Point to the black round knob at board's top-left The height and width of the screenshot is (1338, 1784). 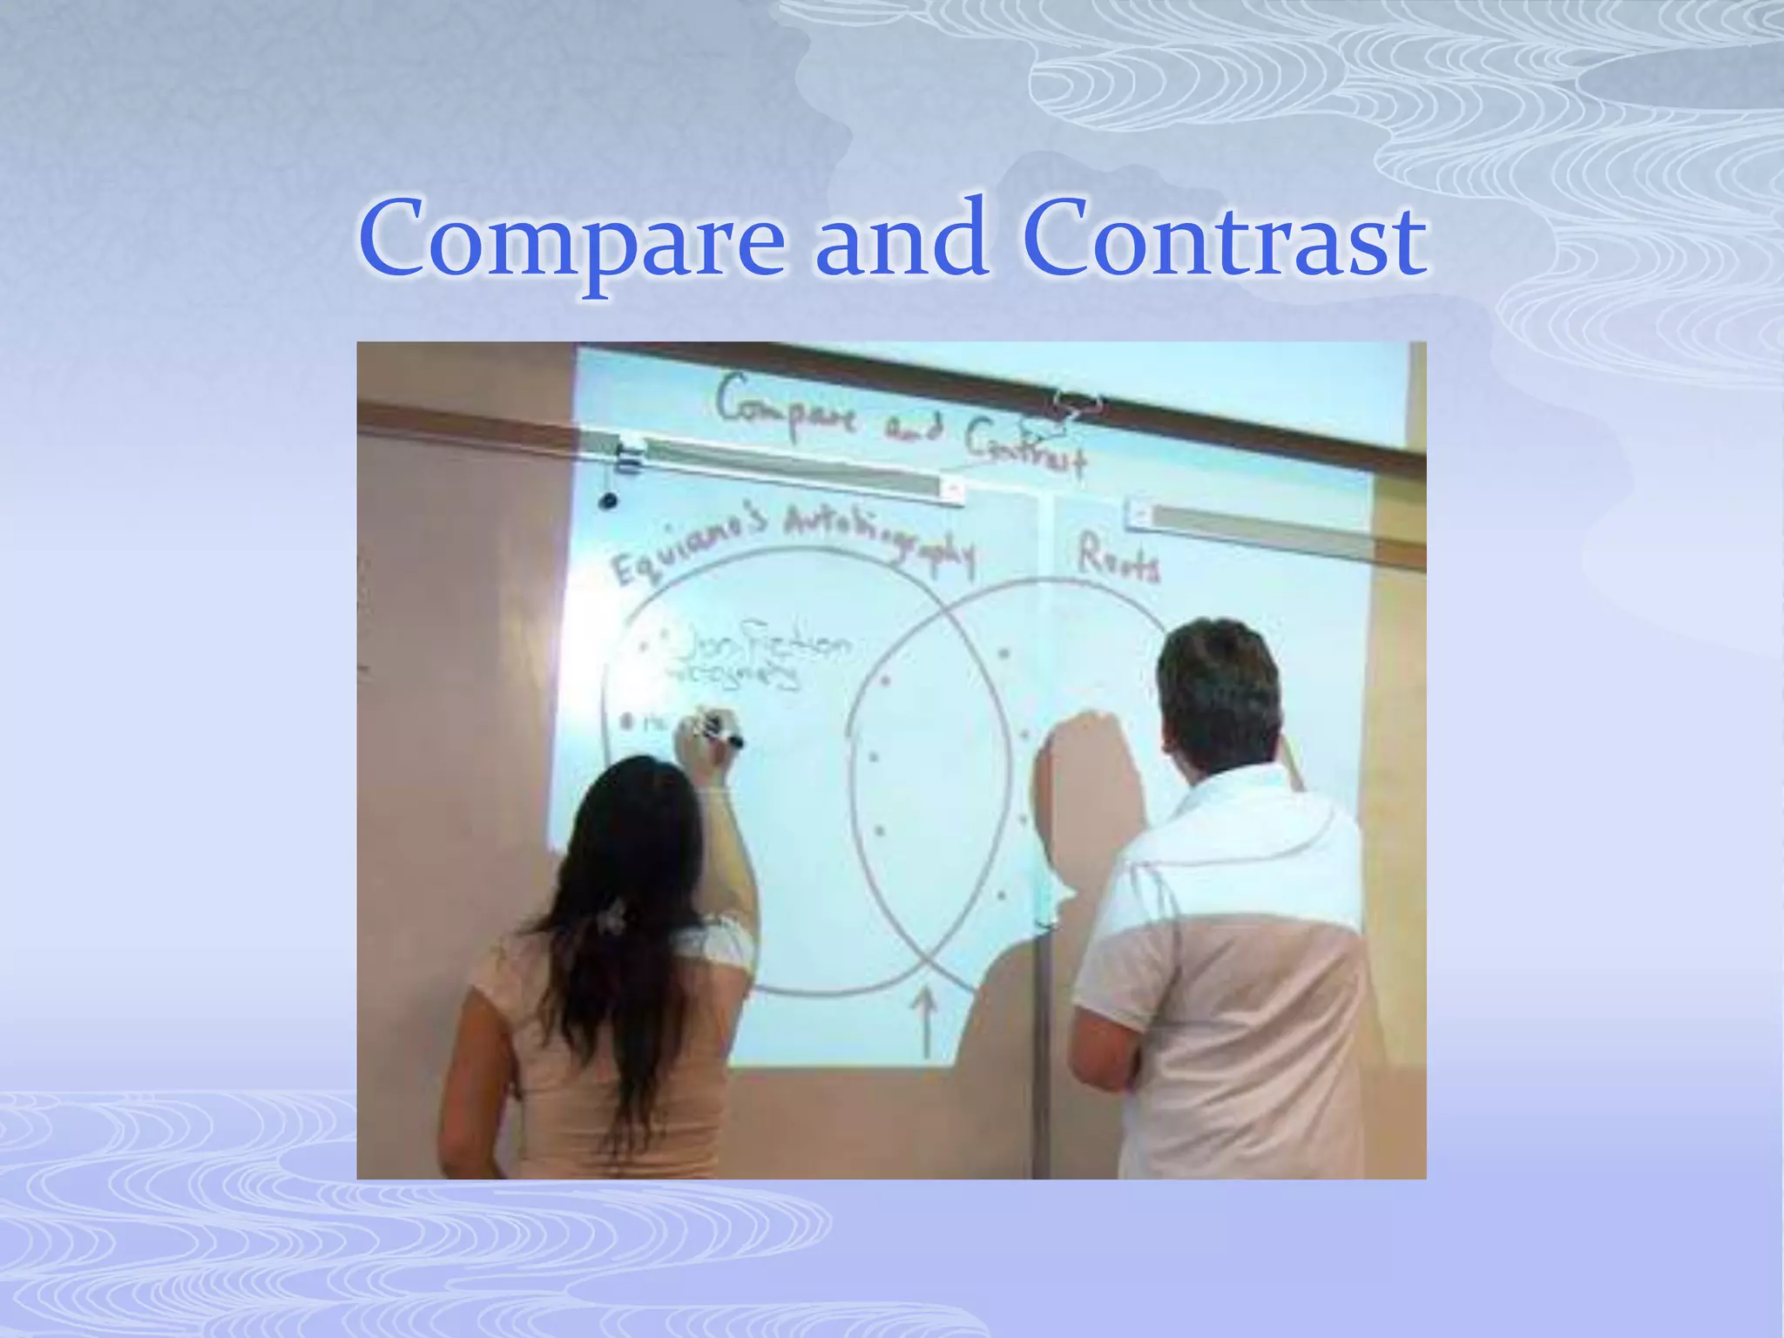tap(608, 501)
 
